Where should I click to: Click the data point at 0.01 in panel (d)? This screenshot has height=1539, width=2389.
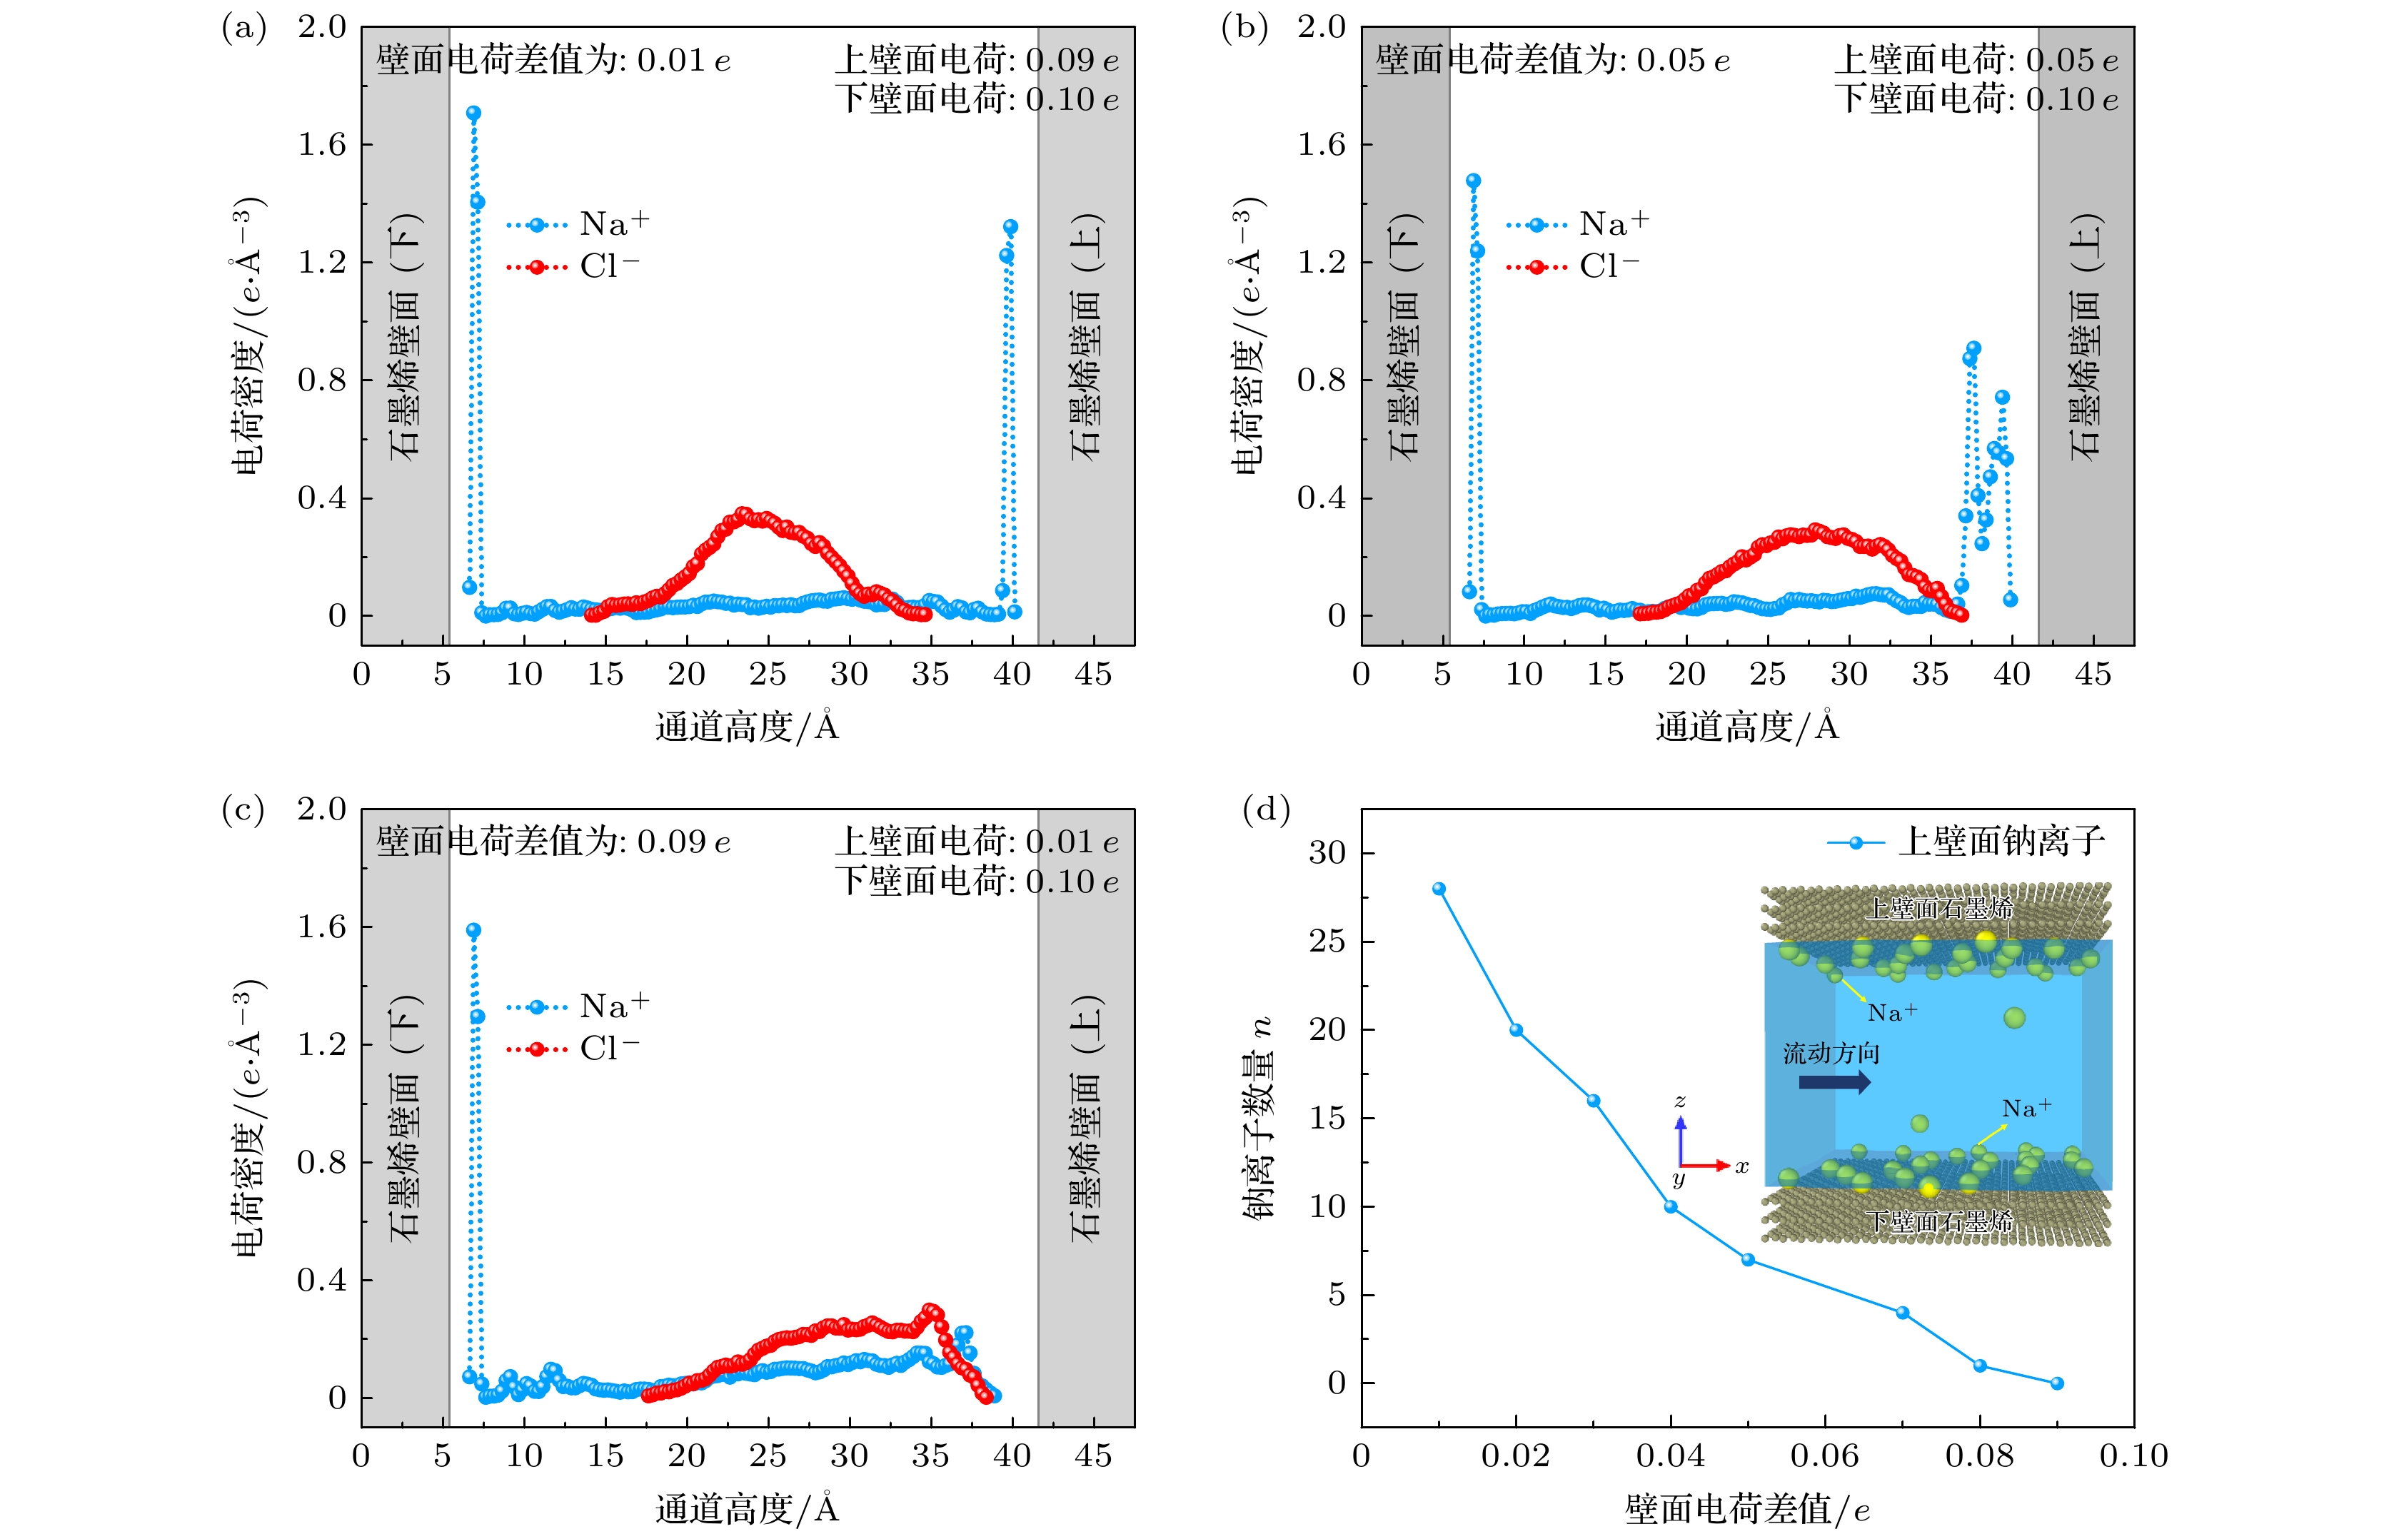pyautogui.click(x=1439, y=889)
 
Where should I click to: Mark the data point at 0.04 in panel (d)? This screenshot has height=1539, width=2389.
pyautogui.click(x=1670, y=1207)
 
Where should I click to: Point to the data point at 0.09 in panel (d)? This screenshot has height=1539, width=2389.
pyautogui.click(x=2057, y=1383)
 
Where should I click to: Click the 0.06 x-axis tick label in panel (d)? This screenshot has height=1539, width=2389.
pyautogui.click(x=1824, y=1456)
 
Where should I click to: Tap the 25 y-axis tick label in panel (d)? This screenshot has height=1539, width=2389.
pyautogui.click(x=1327, y=942)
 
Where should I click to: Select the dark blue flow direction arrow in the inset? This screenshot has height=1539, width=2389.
pyautogui.click(x=1834, y=1081)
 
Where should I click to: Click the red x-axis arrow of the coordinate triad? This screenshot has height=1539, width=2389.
pyautogui.click(x=1709, y=1165)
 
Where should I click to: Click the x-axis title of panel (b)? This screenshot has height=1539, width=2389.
pyautogui.click(x=1747, y=727)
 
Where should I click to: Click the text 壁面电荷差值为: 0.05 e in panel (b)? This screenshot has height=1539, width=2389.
pyautogui.click(x=1552, y=61)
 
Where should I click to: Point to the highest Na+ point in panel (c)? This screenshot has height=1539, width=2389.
pyautogui.click(x=474, y=930)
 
